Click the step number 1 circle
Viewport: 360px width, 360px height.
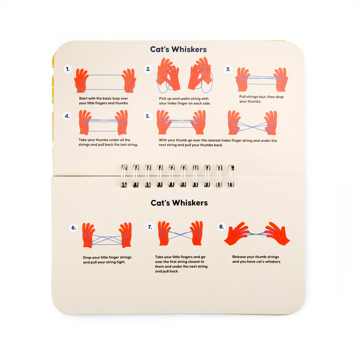tap(67, 69)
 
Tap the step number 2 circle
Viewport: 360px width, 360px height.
tap(148, 69)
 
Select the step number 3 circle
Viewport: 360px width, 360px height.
tap(228, 69)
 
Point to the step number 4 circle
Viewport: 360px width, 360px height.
tap(67, 116)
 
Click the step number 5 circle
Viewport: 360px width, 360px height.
tap(148, 116)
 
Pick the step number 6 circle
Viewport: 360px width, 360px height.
tap(73, 228)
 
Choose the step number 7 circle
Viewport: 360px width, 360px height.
tap(150, 227)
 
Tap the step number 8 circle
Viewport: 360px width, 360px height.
tap(221, 227)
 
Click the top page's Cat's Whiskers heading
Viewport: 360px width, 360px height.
tap(178, 49)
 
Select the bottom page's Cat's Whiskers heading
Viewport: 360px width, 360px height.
tap(179, 203)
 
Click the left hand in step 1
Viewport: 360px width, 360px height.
tap(81, 81)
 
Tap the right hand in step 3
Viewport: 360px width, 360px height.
tap(281, 79)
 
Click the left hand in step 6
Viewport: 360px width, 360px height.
tap(89, 235)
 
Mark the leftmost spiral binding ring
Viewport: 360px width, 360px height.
tap(124, 175)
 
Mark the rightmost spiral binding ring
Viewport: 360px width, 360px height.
tap(231, 175)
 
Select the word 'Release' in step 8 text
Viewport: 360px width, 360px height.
tap(239, 257)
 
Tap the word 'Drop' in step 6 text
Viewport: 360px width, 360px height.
tap(88, 257)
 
